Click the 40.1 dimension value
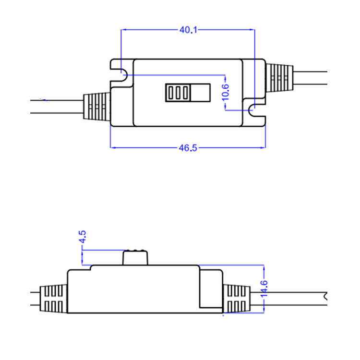(188, 30)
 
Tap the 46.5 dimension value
(188, 147)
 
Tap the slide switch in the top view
(188, 92)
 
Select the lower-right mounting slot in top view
(254, 111)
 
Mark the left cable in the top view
(58, 107)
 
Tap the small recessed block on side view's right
(211, 288)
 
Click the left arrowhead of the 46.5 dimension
(112, 147)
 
